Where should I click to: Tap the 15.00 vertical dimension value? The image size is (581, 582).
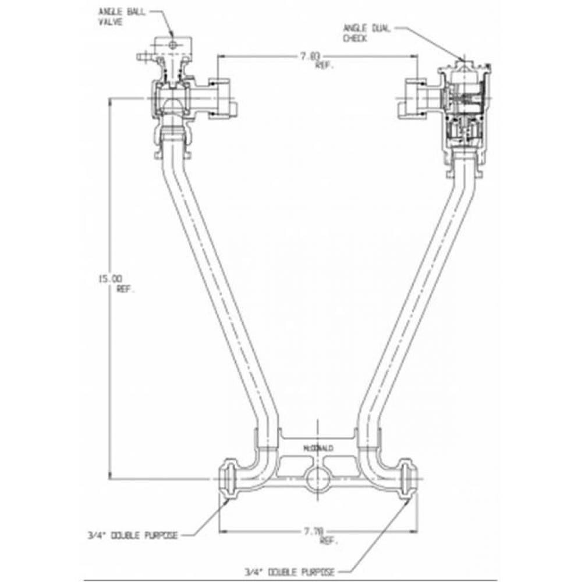[111, 278]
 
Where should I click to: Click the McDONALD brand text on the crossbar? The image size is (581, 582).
[318, 449]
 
